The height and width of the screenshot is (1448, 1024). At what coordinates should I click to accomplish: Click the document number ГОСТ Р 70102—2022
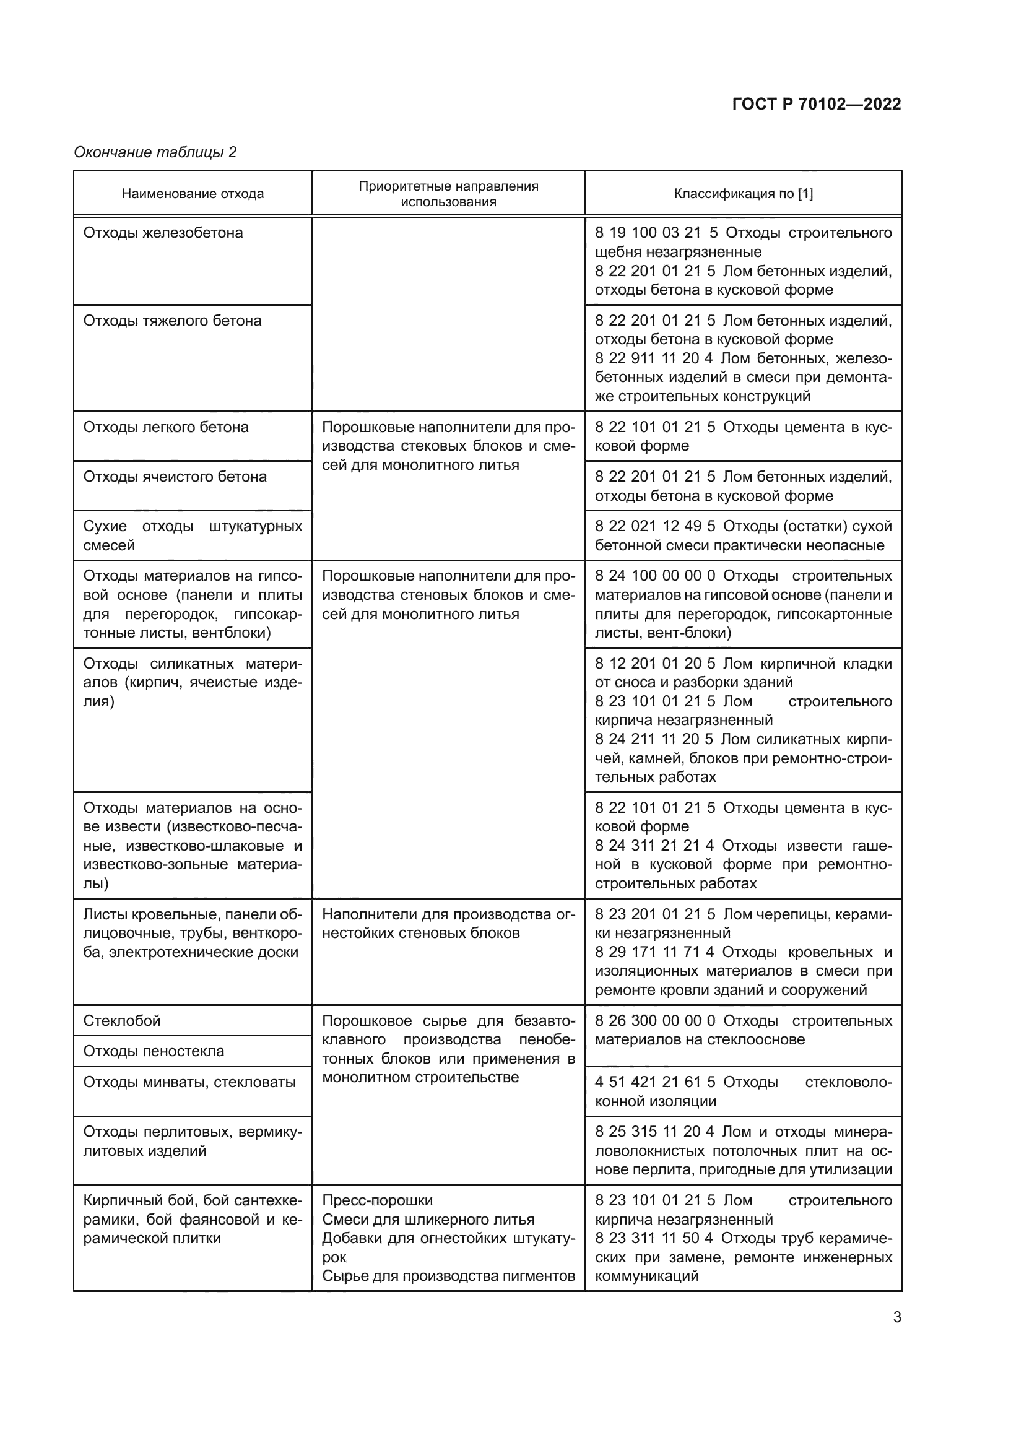pos(817,104)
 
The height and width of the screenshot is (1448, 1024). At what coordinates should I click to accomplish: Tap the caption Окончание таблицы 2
pos(155,152)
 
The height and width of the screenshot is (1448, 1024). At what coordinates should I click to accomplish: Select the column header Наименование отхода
pos(193,194)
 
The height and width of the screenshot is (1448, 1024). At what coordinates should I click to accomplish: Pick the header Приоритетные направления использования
pos(448,194)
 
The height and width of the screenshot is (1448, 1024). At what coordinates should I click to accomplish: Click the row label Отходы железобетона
pos(163,233)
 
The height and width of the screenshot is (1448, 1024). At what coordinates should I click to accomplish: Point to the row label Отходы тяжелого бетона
pos(172,321)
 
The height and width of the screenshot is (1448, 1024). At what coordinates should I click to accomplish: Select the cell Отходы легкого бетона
pos(166,427)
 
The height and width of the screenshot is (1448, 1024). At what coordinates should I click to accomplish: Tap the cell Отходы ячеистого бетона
pos(175,476)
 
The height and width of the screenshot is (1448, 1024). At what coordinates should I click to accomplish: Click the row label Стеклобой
pos(122,1020)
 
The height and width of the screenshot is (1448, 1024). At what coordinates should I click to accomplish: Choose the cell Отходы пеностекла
pos(153,1051)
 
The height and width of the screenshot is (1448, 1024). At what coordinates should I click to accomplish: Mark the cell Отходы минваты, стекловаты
pos(189,1082)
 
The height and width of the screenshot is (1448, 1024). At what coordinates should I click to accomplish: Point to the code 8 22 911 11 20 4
pos(653,358)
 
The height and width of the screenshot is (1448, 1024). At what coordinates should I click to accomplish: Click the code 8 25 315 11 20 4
pos(654,1132)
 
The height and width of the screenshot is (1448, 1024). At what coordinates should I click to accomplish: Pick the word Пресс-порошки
pos(377,1200)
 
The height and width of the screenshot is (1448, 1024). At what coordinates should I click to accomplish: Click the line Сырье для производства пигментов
pos(448,1276)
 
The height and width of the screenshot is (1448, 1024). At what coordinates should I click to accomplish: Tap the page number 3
pos(896,1317)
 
